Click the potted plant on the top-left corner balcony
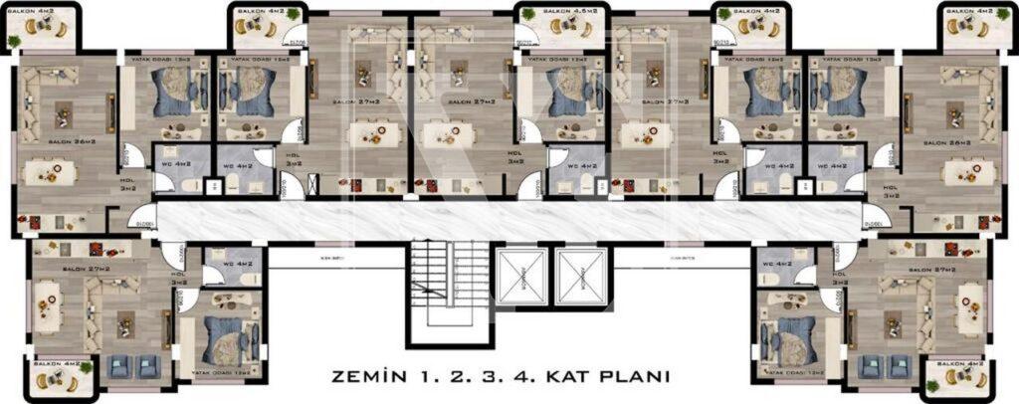coord(13,40)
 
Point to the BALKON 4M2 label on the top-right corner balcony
coord(967,11)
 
